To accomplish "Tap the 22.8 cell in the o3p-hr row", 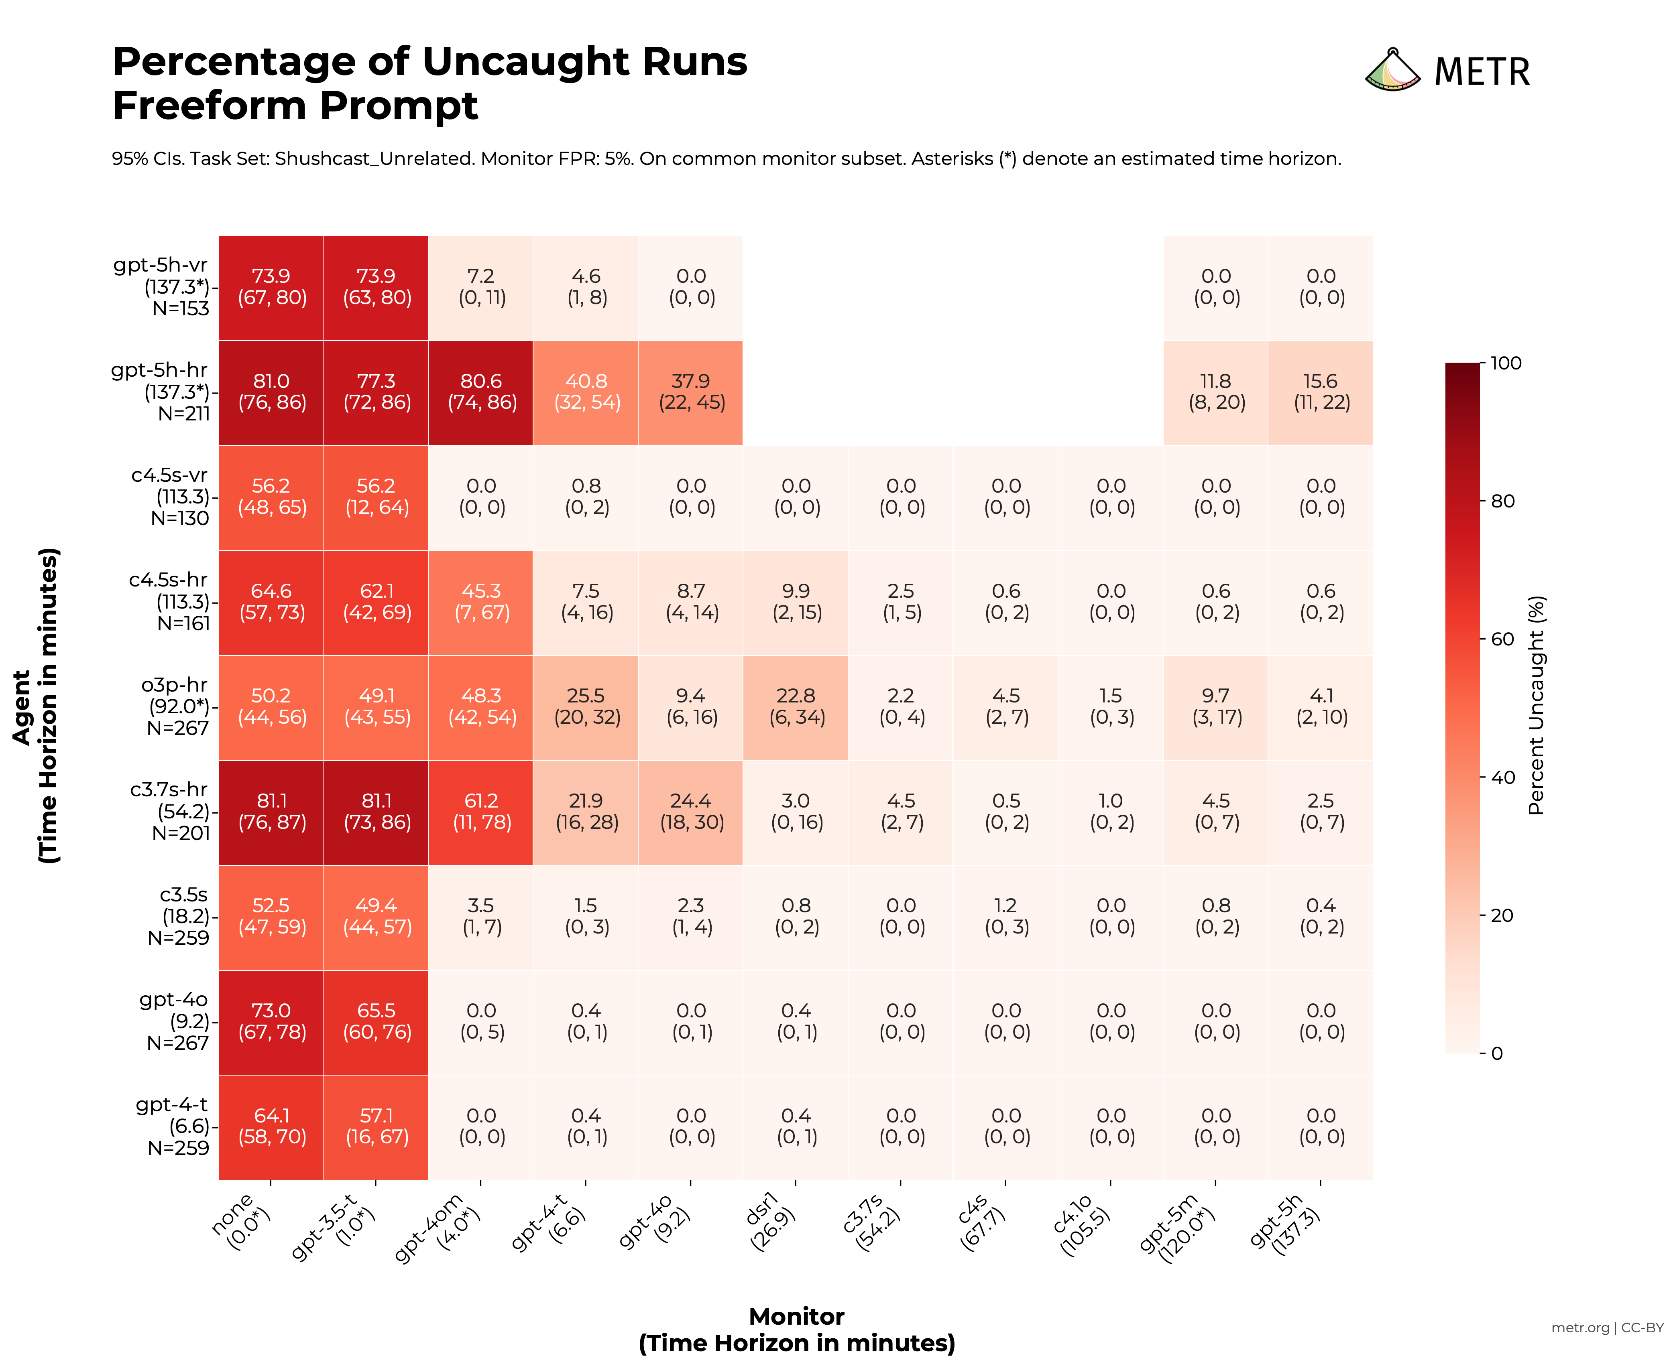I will [795, 707].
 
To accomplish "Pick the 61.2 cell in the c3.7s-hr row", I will [481, 812].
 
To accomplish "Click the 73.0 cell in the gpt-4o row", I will [271, 1021].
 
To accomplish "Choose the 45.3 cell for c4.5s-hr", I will [481, 602].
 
